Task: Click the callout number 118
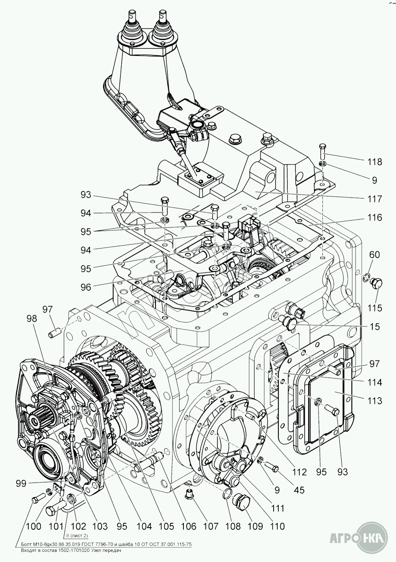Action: (375, 162)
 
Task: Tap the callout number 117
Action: (375, 199)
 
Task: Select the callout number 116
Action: (375, 218)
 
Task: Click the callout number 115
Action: (375, 308)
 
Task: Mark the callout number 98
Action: (32, 318)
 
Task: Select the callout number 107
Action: (210, 526)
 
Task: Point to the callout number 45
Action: (299, 490)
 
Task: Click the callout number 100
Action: (33, 526)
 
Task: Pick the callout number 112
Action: (299, 471)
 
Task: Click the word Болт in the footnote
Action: (27, 544)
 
